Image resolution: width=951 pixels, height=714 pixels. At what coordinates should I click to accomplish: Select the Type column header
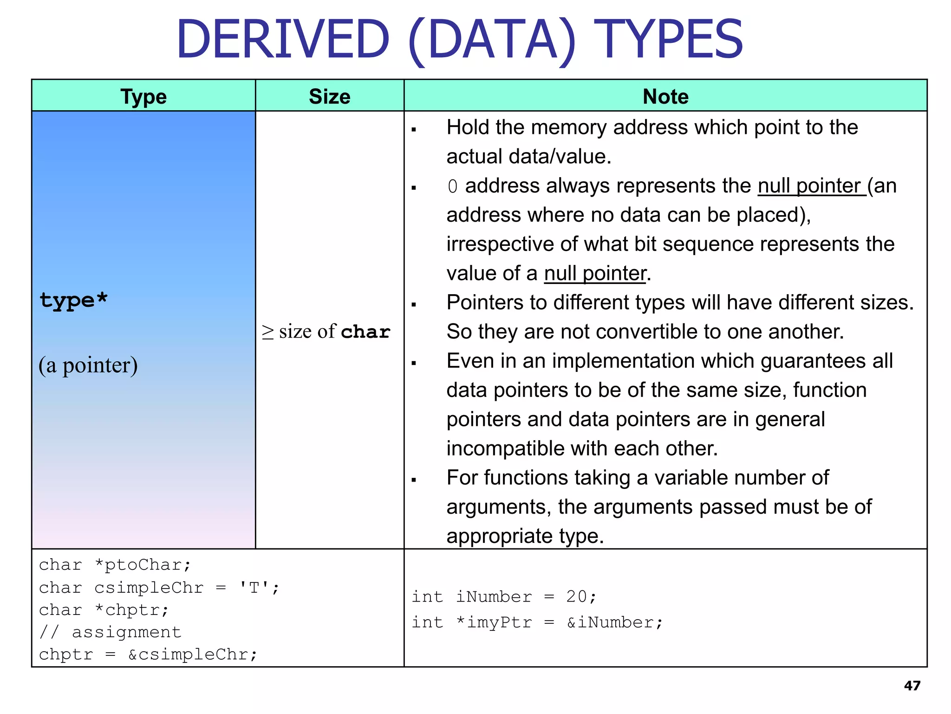[x=143, y=97]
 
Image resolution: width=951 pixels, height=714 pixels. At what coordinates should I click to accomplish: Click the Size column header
[x=330, y=97]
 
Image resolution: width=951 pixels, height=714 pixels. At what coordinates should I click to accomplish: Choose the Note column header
[x=665, y=97]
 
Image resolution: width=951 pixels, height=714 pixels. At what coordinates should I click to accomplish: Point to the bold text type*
[x=73, y=300]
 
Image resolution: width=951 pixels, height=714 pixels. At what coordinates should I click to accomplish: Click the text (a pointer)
[x=88, y=365]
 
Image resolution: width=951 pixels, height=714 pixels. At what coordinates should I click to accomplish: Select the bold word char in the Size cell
[x=365, y=332]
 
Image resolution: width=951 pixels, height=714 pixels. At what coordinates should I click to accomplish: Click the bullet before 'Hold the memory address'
[x=414, y=130]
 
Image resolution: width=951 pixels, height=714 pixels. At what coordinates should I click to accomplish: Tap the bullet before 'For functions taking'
[x=414, y=480]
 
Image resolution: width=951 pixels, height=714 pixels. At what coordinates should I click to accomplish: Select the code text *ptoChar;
[x=143, y=565]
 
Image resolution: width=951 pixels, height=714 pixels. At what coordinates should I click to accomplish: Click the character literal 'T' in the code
[x=254, y=588]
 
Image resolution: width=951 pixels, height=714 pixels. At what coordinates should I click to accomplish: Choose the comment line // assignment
[x=110, y=632]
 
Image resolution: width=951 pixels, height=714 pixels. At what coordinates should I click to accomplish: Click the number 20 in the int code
[x=577, y=596]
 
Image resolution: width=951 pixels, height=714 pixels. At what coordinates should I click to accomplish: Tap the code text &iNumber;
[x=615, y=622]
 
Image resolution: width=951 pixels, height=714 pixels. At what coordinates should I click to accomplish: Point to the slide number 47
[x=912, y=686]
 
